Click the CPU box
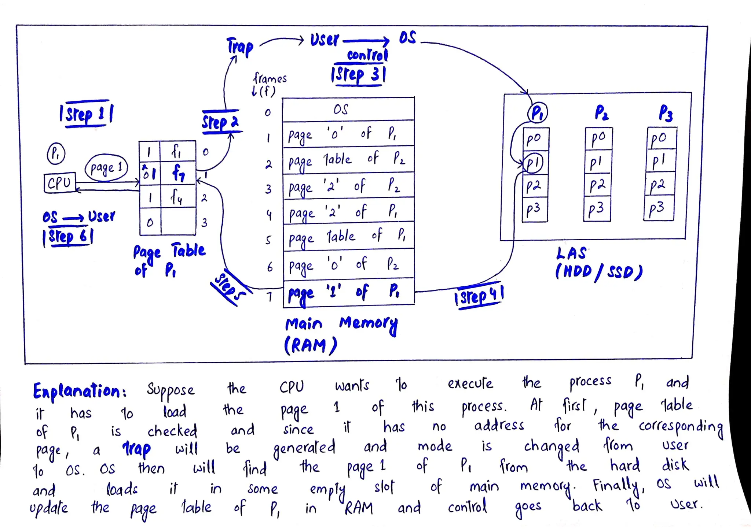[x=59, y=182]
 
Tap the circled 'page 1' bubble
[x=106, y=168]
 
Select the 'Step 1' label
[x=87, y=114]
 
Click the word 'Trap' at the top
[x=240, y=47]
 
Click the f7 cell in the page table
[x=179, y=173]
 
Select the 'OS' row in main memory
[x=348, y=110]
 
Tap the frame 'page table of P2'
[x=348, y=160]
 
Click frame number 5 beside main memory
[x=268, y=240]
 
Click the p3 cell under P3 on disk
[x=659, y=209]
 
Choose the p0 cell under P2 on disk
[x=598, y=138]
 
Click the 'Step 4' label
[x=479, y=296]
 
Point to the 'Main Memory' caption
[x=341, y=324]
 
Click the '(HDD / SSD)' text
[x=598, y=272]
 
